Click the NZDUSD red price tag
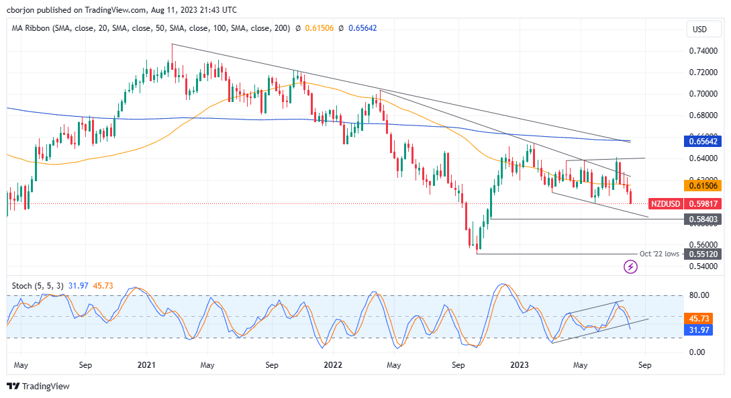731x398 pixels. (x=666, y=203)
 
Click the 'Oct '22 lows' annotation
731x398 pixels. (x=658, y=254)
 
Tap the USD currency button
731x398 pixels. (x=699, y=30)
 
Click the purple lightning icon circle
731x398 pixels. (x=630, y=267)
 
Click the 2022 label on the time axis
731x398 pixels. (x=333, y=366)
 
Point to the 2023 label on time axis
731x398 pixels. (x=520, y=366)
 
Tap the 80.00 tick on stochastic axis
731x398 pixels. (x=699, y=295)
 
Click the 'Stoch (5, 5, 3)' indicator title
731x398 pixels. (x=38, y=286)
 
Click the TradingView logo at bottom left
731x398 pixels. (x=38, y=387)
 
